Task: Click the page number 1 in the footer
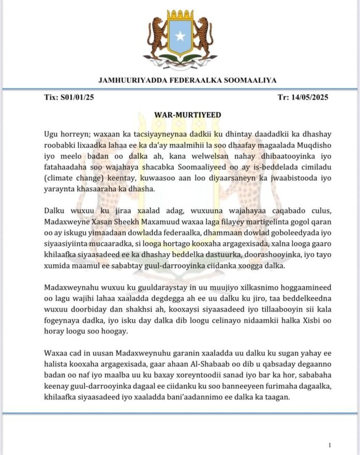tap(329, 444)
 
